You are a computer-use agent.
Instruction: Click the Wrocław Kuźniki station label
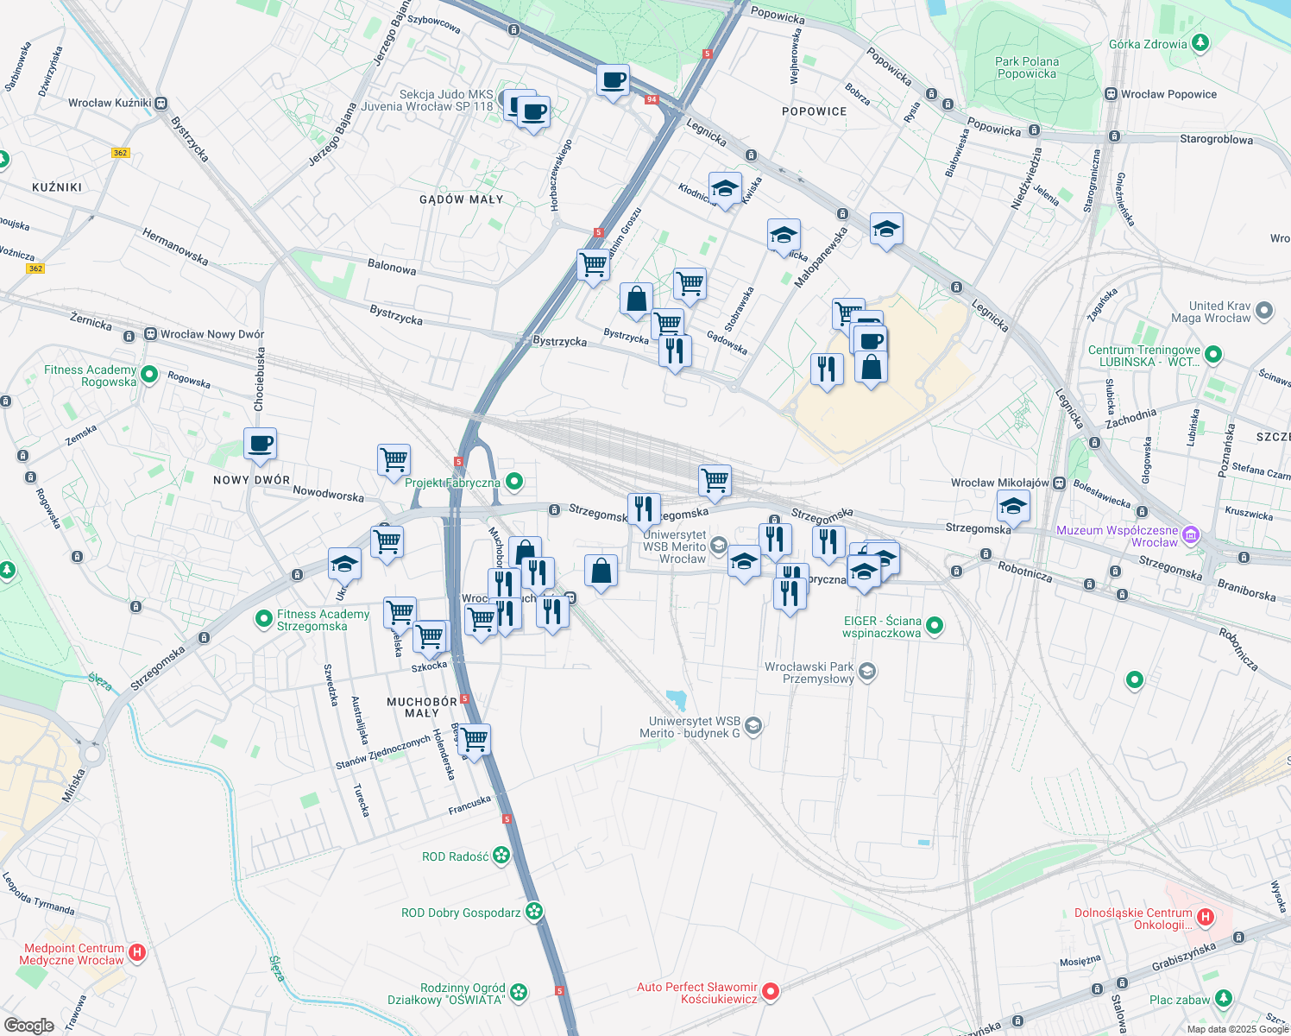pos(110,103)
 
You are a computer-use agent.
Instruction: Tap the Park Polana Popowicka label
pos(1026,67)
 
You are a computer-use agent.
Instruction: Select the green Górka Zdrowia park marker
pos(1199,43)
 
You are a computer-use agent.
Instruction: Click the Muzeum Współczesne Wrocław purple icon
pos(1191,535)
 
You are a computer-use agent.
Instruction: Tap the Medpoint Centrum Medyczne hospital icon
pos(136,953)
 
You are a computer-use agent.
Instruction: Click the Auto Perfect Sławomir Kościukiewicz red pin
pos(771,992)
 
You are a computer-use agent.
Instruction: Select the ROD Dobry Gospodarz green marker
pos(534,912)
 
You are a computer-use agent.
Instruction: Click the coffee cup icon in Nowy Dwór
pos(260,444)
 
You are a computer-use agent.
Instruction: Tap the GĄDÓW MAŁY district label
pos(461,199)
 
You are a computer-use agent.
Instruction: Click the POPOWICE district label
pos(814,111)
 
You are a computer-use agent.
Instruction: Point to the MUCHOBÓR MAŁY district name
pos(422,707)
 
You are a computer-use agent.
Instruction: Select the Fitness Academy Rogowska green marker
pos(149,375)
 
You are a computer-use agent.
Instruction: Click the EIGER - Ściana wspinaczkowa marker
pos(934,626)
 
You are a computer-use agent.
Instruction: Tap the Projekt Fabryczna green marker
pos(514,482)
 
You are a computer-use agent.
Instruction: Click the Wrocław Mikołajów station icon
pos(1058,483)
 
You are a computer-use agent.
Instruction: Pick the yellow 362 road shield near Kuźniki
pos(120,153)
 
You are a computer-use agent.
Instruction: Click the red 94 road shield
pos(652,99)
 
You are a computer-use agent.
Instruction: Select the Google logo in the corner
pos(29,1025)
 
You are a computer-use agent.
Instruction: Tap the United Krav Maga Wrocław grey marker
pos(1264,311)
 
